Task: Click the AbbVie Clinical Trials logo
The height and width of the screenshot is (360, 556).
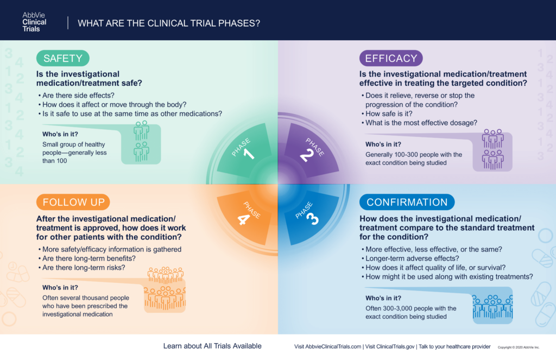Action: (x=34, y=22)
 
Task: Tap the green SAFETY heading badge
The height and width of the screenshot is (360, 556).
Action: (x=62, y=58)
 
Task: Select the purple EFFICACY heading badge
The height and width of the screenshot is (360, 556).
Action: (x=391, y=58)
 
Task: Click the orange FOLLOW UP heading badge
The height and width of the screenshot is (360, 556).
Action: (x=73, y=202)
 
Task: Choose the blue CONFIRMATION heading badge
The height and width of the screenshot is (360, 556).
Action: (x=407, y=202)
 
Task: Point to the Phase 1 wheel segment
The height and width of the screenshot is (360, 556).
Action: (x=245, y=149)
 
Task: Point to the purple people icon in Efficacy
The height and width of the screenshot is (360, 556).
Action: (x=492, y=149)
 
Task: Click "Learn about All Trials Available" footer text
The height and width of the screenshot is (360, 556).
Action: (x=212, y=346)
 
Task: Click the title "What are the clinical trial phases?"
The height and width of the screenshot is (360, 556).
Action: (x=169, y=23)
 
